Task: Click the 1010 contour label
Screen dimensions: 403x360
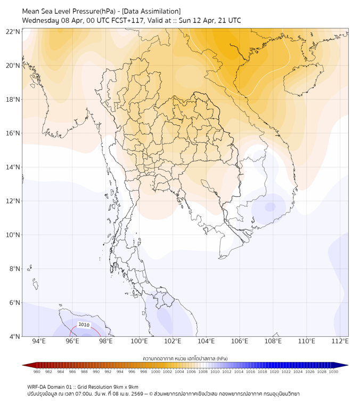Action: click(84, 324)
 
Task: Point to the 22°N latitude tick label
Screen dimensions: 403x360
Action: click(13, 31)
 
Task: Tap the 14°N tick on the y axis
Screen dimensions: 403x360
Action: click(13, 167)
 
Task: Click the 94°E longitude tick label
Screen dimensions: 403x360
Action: click(39, 341)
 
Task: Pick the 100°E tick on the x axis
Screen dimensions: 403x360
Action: click(140, 341)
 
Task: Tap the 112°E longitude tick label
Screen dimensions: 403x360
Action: click(340, 341)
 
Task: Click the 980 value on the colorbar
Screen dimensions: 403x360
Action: click(37, 372)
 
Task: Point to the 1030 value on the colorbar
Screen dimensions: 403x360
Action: click(333, 372)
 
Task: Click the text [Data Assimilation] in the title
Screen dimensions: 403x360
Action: click(151, 11)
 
